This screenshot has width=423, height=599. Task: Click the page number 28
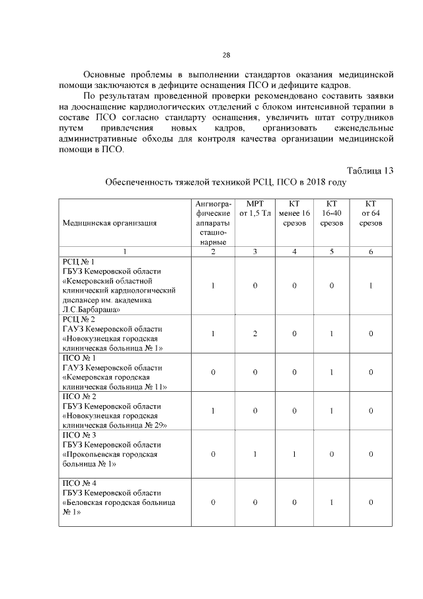tap(225, 54)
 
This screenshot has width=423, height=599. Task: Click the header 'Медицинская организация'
tap(110, 223)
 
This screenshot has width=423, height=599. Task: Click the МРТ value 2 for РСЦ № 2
tap(254, 334)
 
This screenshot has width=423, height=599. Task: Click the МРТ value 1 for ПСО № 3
tap(254, 454)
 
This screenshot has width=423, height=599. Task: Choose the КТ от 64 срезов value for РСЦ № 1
tap(371, 285)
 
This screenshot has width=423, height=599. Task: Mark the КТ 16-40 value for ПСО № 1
tap(332, 372)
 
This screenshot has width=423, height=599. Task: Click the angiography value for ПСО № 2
tap(213, 410)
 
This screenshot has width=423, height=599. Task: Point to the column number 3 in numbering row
tap(254, 251)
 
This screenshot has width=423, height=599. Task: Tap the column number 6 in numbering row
tap(371, 251)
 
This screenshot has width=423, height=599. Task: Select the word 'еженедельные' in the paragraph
tap(363, 127)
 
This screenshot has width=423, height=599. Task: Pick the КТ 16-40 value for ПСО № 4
tap(332, 502)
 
